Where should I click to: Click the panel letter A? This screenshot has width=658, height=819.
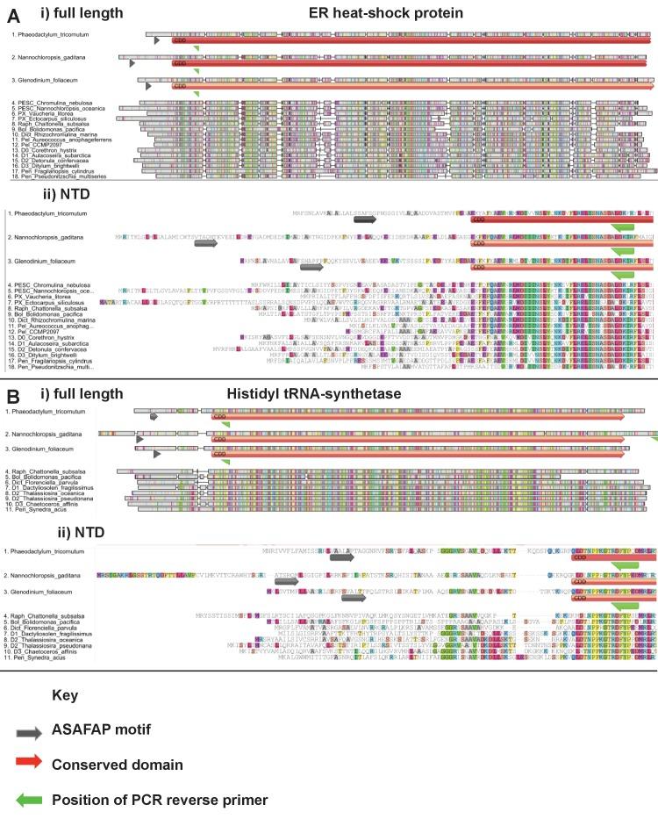(x=11, y=17)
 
